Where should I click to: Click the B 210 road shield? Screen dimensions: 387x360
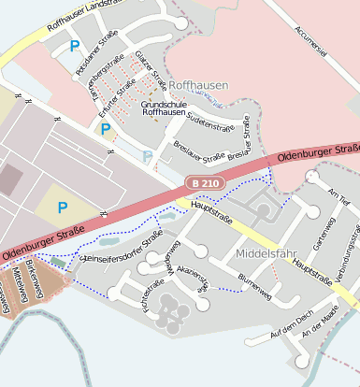point(203,183)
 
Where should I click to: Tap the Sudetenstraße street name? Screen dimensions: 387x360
point(209,123)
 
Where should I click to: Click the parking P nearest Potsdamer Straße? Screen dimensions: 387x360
point(75,45)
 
